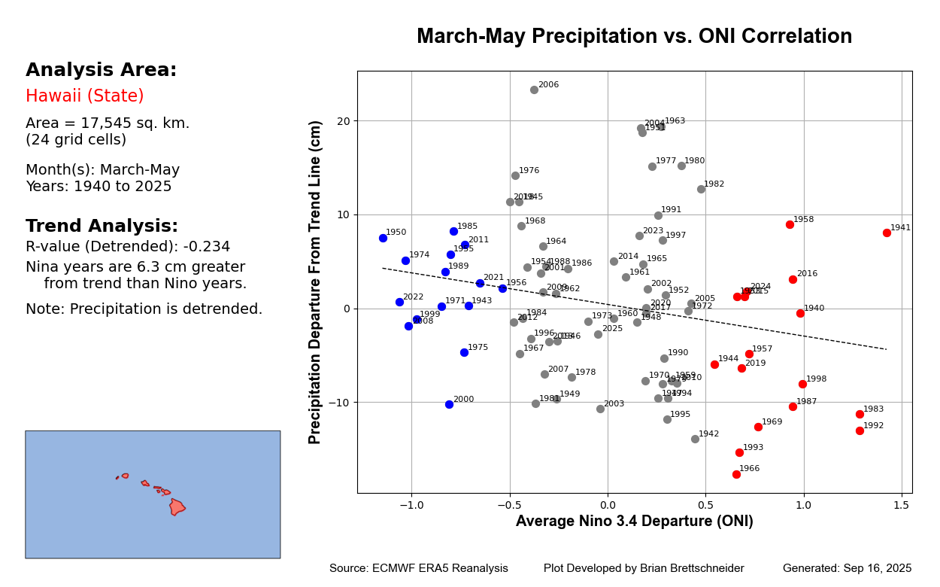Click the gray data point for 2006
click(x=534, y=90)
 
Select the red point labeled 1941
click(x=887, y=233)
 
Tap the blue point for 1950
click(x=383, y=238)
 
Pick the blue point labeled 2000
click(x=449, y=404)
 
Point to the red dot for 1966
click(x=736, y=474)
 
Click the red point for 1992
click(x=860, y=430)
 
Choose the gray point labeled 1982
click(x=701, y=189)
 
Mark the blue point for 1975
click(x=464, y=352)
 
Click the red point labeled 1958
click(x=790, y=224)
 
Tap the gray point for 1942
click(x=695, y=439)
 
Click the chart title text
click(x=634, y=37)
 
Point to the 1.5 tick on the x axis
click(x=902, y=506)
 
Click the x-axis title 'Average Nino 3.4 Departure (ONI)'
click(x=634, y=522)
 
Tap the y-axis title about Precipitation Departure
click(x=316, y=282)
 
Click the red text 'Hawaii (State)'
click(x=84, y=96)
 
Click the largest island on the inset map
click(x=177, y=506)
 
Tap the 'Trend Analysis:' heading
click(x=102, y=227)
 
